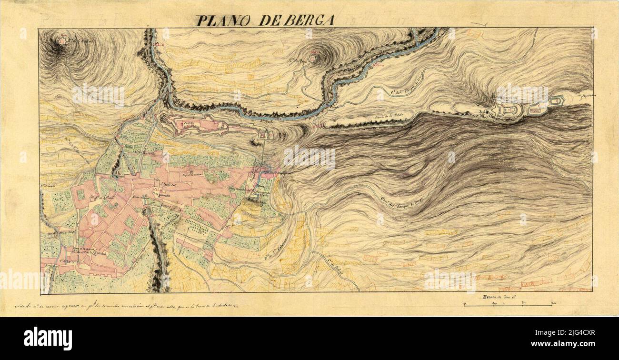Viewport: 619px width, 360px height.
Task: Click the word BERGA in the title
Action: (x=309, y=20)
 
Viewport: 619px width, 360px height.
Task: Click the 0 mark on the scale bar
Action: (x=465, y=303)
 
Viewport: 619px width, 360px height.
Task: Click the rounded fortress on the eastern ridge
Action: (x=509, y=110)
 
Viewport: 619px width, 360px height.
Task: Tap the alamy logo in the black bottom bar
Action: (x=48, y=338)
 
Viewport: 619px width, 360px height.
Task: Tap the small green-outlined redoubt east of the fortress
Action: (x=556, y=101)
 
